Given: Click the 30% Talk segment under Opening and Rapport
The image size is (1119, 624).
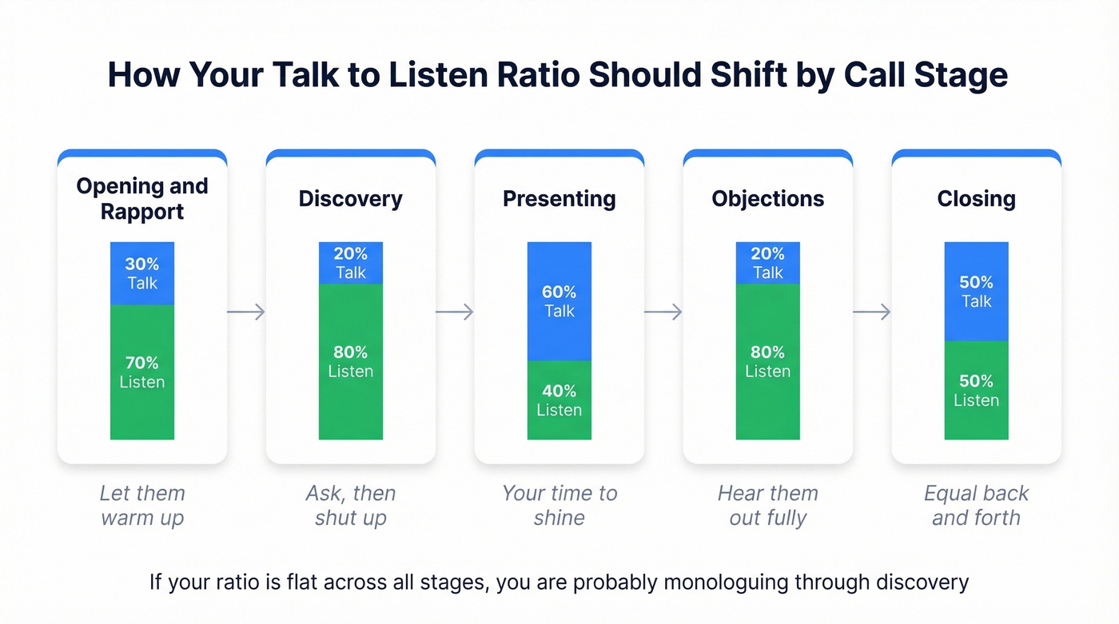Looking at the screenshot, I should pos(142,273).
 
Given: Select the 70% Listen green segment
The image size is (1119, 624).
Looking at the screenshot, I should pos(142,372).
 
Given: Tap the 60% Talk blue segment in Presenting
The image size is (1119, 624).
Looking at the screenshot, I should pos(559,301).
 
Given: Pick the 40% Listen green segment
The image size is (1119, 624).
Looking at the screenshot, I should pos(559,399).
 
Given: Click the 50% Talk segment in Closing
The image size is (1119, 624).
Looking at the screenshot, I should pos(976,292).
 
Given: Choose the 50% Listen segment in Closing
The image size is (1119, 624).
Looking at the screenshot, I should pos(976,390).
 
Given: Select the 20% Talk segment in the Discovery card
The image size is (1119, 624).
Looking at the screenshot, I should pos(351,263).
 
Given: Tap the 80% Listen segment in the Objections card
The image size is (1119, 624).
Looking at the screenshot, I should pos(768,361).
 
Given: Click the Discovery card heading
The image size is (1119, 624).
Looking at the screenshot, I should pos(351,199).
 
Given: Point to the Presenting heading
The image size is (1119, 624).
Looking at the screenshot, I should pos(559,199).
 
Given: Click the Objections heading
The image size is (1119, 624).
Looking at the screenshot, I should pos(768,199).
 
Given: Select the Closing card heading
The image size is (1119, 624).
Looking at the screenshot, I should pos(976,199).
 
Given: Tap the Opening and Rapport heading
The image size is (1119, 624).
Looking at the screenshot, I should pos(142,199).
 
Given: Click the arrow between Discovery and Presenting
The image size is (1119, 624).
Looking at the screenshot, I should pos(455,312).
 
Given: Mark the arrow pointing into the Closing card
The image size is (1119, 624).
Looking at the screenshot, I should pos(872,312).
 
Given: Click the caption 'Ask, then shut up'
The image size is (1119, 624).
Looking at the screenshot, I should pos(351,505).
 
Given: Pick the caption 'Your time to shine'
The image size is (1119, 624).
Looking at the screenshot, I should pos(559,505).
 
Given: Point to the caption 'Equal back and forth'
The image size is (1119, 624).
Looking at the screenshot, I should pos(976,505).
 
